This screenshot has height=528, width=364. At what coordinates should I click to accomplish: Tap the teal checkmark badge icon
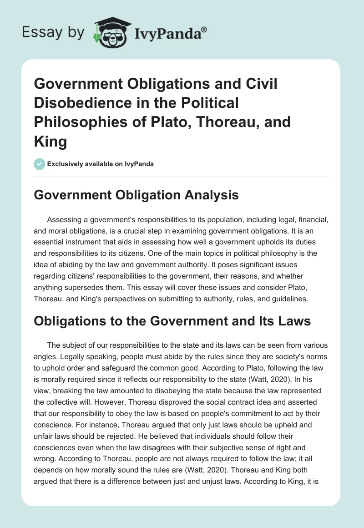(x=40, y=164)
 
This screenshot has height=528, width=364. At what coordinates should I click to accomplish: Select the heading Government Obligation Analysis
(x=136, y=195)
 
